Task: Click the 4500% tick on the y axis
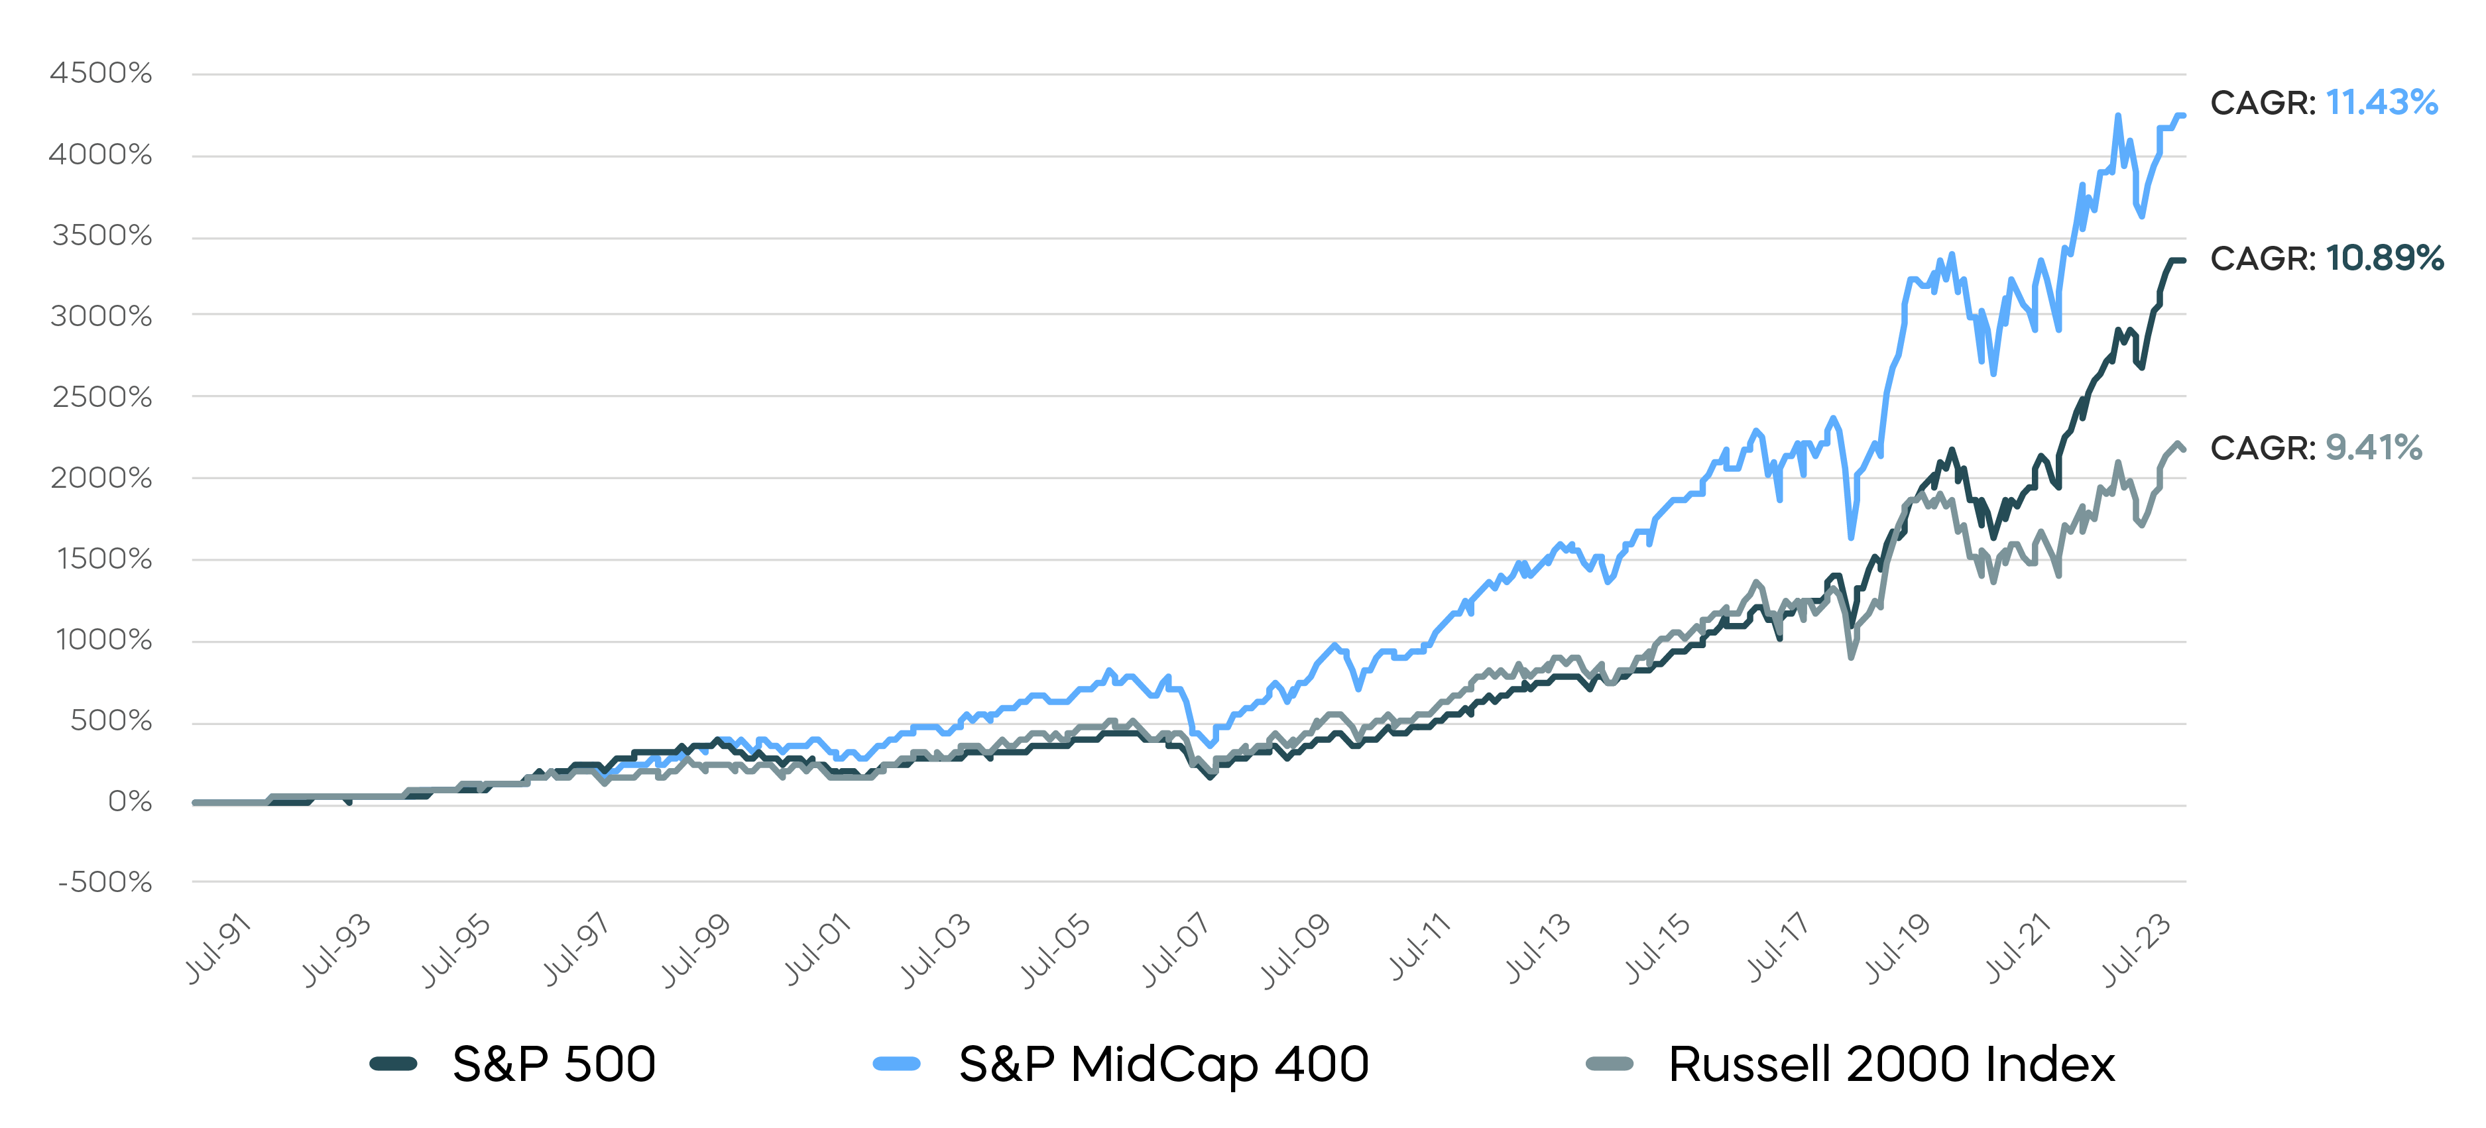100,74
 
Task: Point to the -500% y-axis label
104,882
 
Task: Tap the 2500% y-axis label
101,396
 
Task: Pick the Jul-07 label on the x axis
1175,950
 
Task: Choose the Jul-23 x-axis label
2137,950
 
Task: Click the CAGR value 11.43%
2381,102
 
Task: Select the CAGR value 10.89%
2384,258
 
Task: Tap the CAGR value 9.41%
2373,448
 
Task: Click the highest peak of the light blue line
2117,116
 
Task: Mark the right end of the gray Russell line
2183,449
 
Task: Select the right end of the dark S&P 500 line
2183,260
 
